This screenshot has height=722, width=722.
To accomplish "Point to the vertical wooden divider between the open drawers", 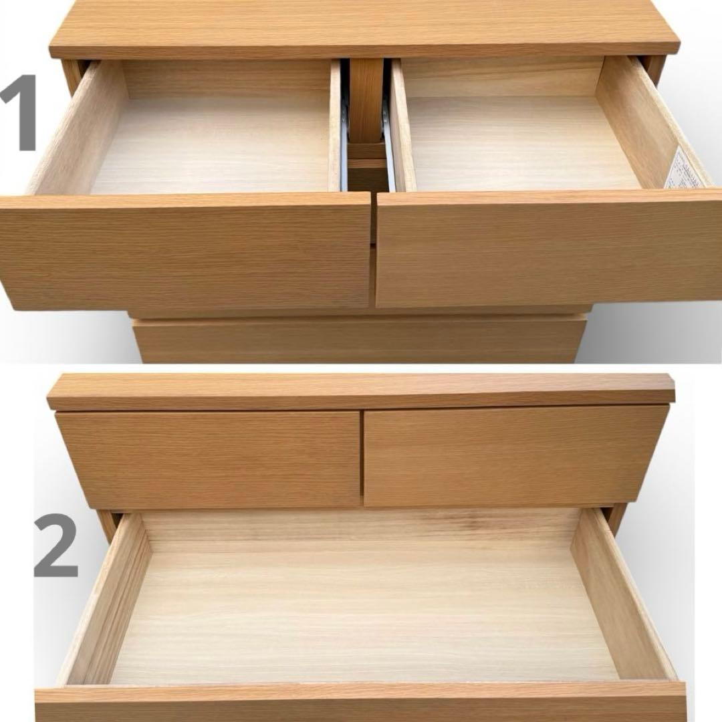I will pos(365,100).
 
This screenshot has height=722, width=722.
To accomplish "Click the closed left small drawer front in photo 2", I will pos(207,458).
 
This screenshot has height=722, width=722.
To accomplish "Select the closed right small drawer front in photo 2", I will pos(515,455).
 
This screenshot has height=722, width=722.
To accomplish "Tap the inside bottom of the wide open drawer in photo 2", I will pos(361,615).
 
